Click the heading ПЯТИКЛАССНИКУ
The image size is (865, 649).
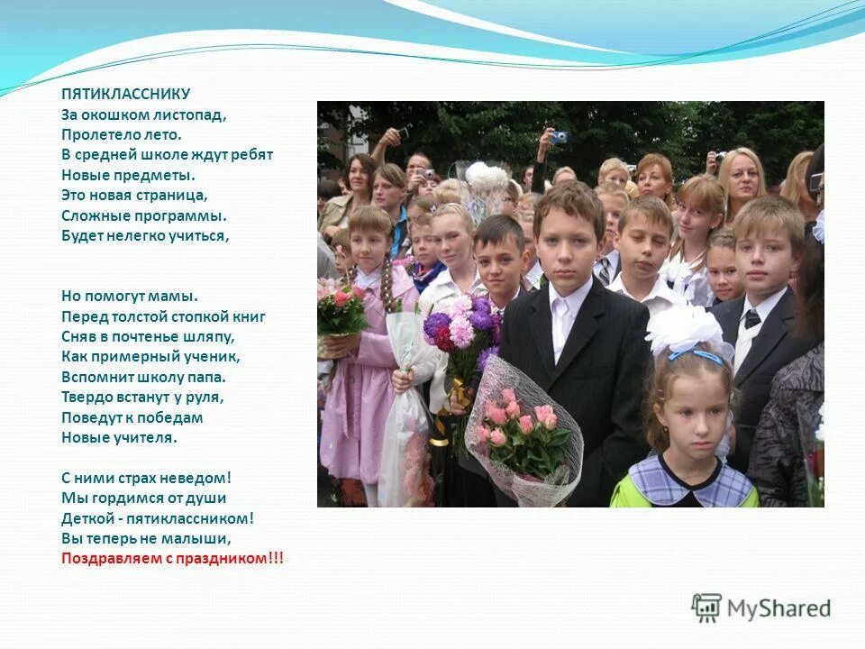pos(125,93)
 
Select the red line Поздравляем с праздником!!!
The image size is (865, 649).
pos(172,559)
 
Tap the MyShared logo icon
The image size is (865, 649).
pos(706,608)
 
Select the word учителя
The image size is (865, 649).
pos(150,437)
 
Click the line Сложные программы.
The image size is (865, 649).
pos(144,215)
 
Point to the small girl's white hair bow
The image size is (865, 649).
pos(687,329)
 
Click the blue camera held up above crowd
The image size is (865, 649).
pos(559,137)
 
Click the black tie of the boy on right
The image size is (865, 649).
pos(751,318)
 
